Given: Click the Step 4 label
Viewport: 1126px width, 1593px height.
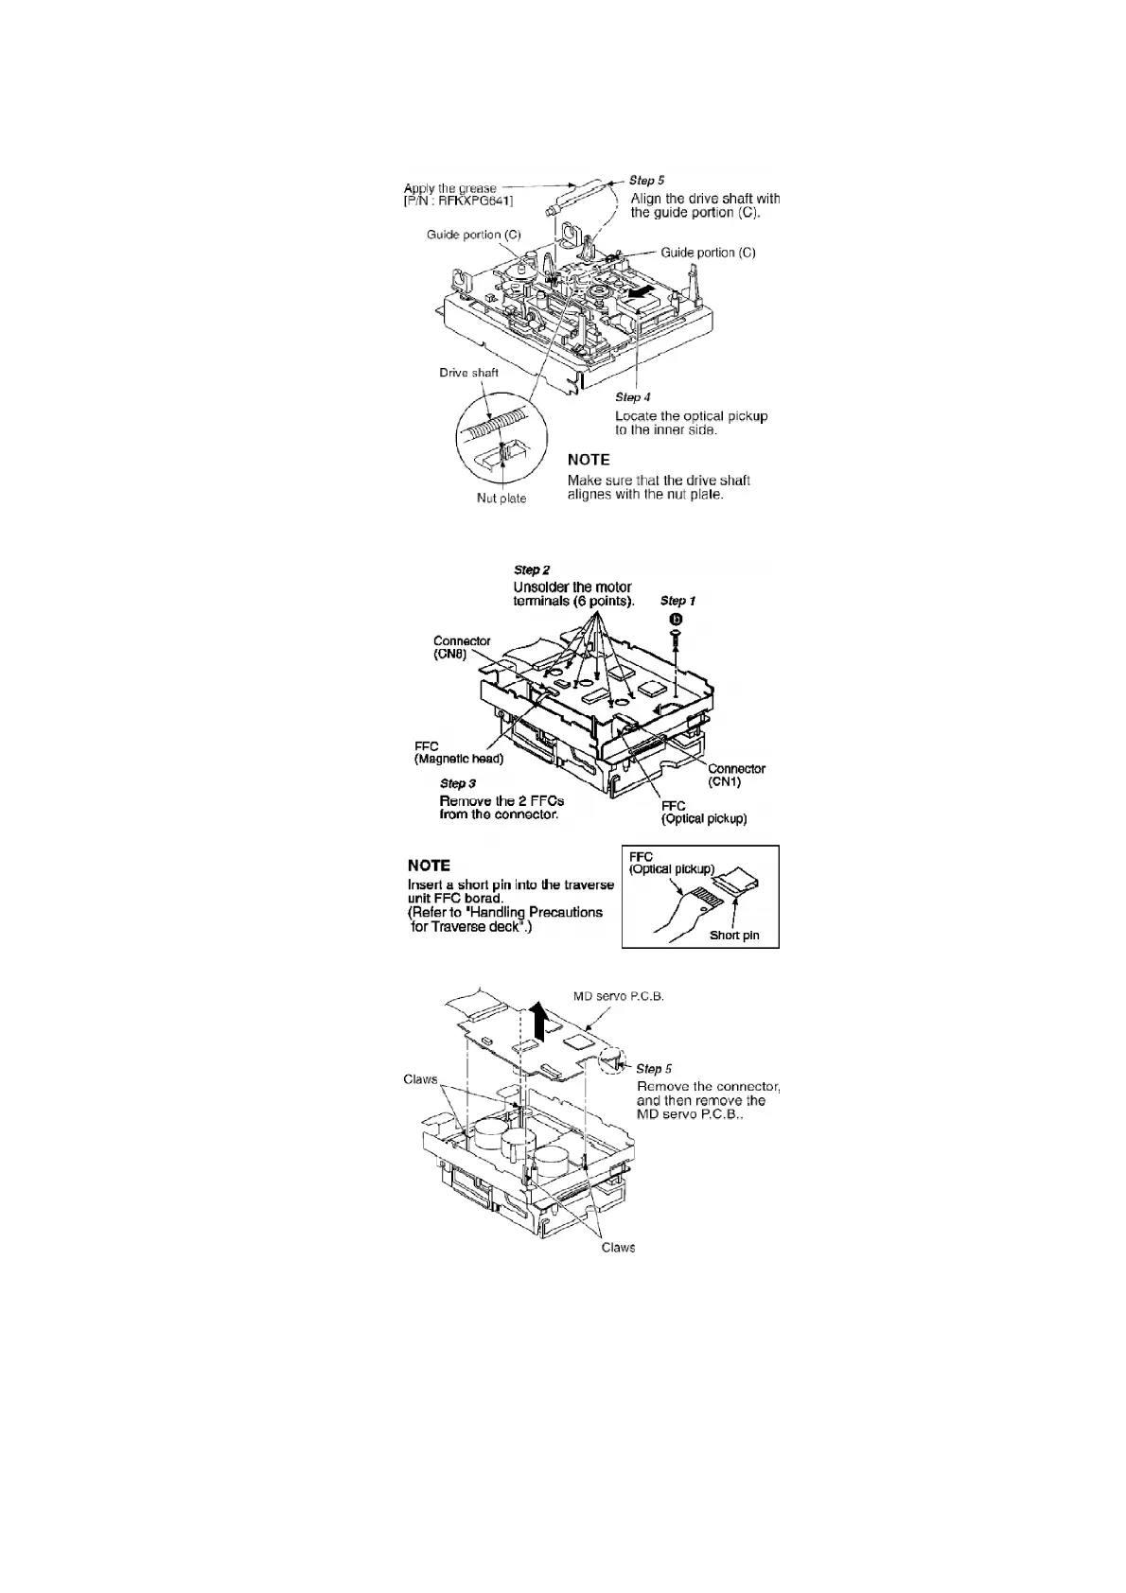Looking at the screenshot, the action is point(632,397).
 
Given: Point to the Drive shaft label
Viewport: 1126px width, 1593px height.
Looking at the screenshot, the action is point(468,373).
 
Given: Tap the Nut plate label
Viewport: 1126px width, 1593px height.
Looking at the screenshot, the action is point(501,499).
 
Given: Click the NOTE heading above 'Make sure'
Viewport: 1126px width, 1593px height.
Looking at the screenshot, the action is point(588,460).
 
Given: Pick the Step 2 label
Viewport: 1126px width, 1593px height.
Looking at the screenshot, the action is point(532,569).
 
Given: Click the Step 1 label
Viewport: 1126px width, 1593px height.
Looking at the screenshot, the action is point(677,601).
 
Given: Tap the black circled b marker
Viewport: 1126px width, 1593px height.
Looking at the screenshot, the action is point(676,619).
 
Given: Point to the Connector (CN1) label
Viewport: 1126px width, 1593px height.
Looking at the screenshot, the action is point(736,775).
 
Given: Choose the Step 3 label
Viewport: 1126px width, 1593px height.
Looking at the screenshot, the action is point(458,783).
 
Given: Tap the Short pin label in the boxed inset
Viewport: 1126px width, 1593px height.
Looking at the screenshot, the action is point(734,937).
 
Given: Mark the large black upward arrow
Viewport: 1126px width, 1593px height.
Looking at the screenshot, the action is point(539,1023).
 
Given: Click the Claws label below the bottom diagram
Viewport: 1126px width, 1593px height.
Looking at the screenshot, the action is point(618,1248).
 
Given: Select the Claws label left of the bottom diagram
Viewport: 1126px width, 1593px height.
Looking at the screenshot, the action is point(420,1079).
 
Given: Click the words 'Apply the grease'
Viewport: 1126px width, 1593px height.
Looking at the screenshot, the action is point(449,187).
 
